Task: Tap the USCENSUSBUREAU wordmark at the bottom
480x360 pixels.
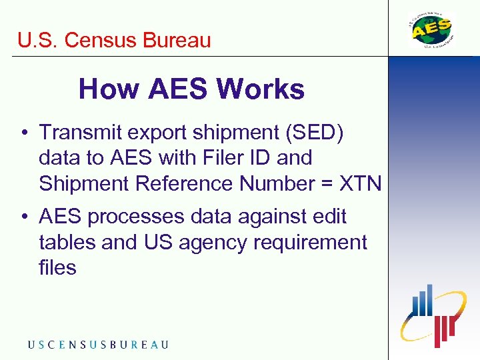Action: [98, 345]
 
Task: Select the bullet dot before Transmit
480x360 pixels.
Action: [23, 133]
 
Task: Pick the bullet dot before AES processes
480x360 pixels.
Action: [23, 217]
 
